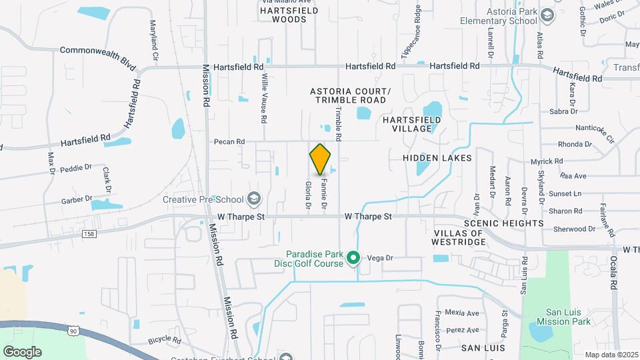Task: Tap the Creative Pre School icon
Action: [x=253, y=198]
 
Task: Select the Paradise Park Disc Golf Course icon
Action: [x=355, y=257]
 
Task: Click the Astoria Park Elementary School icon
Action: [x=547, y=15]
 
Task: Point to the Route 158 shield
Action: [x=89, y=233]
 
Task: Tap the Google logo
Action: [x=22, y=352]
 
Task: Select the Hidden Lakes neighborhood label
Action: [x=437, y=158]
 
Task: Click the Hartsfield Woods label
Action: [x=283, y=15]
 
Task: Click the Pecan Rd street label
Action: [x=229, y=141]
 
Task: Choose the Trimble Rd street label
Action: [x=338, y=124]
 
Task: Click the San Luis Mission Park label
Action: [x=568, y=317]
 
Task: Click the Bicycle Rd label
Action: [x=165, y=340]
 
